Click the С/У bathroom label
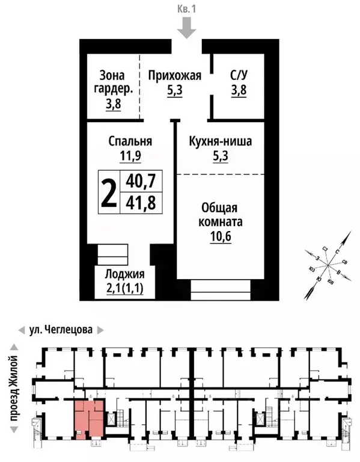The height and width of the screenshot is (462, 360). (238, 76)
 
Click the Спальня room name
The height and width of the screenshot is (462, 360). (130, 142)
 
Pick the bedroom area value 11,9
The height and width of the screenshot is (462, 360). (130, 157)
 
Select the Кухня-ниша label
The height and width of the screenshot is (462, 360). (220, 142)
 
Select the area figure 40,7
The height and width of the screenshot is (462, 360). (141, 180)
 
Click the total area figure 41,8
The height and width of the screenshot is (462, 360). (141, 203)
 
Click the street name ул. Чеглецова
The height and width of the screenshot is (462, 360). (61, 330)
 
